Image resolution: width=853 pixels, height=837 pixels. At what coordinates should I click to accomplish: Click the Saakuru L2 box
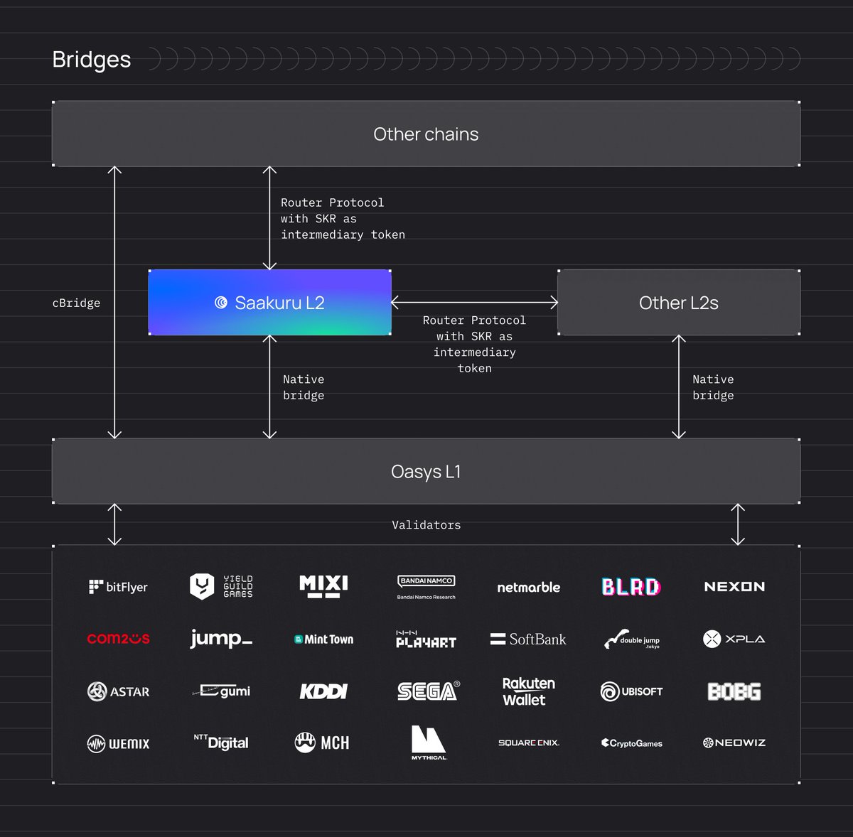[x=269, y=303]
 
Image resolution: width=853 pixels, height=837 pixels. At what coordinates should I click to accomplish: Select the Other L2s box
[x=678, y=303]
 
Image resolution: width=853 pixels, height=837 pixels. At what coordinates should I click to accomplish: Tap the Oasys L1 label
[x=426, y=472]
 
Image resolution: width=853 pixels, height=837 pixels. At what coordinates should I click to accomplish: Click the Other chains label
[x=426, y=134]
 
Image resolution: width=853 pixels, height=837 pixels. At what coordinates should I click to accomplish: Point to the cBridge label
[x=76, y=303]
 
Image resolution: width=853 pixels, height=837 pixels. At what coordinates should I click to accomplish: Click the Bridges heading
[x=92, y=60]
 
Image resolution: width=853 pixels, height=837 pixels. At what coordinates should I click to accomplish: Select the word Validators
[x=426, y=525]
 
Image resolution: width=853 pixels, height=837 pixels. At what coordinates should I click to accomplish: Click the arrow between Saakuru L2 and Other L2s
[x=474, y=303]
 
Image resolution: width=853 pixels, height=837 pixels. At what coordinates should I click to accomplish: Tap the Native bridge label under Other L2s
[x=713, y=387]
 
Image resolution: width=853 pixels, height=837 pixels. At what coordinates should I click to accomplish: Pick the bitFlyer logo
[x=118, y=587]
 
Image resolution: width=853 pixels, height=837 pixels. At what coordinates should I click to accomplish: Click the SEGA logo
[x=428, y=691]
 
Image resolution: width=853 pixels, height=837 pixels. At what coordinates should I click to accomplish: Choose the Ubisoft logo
[x=631, y=691]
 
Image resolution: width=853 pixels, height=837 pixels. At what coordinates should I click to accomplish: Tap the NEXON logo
[x=734, y=587]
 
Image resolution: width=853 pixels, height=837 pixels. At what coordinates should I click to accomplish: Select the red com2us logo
[x=118, y=639]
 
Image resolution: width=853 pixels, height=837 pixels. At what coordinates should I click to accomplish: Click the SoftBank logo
[x=528, y=639]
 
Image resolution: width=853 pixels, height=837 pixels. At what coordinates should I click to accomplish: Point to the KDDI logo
[x=323, y=691]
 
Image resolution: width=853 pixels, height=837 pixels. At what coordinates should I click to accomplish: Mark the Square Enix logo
[x=528, y=743]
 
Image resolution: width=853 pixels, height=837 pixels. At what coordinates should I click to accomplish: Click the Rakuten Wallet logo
[x=528, y=691]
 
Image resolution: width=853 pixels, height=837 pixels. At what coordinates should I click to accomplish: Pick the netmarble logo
[x=528, y=588]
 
